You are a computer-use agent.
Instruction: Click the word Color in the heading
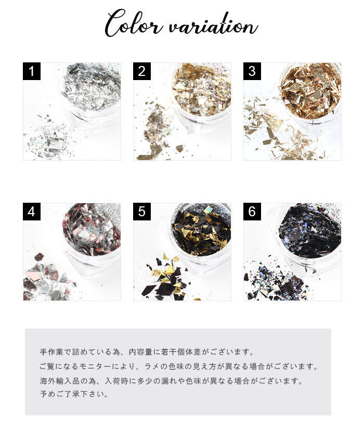pyautogui.click(x=133, y=23)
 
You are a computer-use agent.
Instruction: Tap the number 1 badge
pyautogui.click(x=32, y=71)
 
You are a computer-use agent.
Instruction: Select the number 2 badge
pyautogui.click(x=142, y=71)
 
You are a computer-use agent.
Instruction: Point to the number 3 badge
pyautogui.click(x=252, y=71)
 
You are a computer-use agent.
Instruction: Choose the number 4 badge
pyautogui.click(x=32, y=212)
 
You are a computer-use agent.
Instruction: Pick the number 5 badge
pyautogui.click(x=142, y=212)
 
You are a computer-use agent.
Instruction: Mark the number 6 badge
pyautogui.click(x=252, y=212)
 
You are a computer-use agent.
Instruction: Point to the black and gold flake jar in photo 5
pyautogui.click(x=201, y=234)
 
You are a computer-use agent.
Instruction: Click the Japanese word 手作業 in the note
pyautogui.click(x=52, y=352)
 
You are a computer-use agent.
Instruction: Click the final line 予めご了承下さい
pyautogui.click(x=74, y=394)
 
